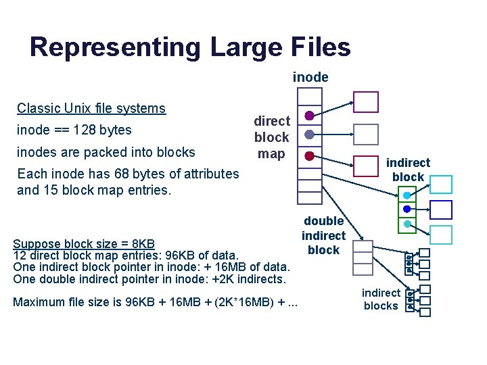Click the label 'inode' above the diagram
point(310,77)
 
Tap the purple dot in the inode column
point(309,115)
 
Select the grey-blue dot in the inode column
point(309,135)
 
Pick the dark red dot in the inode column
point(309,155)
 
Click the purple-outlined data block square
point(367,102)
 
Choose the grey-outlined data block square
point(367,134)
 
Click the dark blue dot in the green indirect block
point(407,210)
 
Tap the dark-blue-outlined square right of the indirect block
point(441,210)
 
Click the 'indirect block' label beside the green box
point(408,170)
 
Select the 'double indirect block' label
point(323,235)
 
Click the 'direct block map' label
point(271,137)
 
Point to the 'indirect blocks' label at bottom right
point(381,299)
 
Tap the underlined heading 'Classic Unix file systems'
point(91,108)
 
